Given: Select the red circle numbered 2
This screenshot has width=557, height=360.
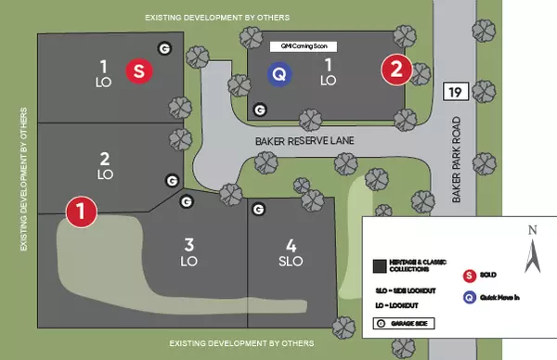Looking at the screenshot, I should coord(396,69).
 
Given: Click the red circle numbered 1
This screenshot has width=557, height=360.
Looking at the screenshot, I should coord(82,212).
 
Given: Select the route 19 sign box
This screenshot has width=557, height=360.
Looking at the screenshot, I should coord(454,91).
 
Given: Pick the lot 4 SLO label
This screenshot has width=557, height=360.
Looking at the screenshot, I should coord(291,253).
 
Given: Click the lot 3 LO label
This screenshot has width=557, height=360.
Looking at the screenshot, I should coord(188,253).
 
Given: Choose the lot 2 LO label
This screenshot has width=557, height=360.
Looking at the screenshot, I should coord(105,165).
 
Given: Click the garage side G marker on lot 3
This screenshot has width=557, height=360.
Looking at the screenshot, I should coord(186,201).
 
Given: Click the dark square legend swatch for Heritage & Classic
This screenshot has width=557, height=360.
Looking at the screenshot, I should coord(379,265).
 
